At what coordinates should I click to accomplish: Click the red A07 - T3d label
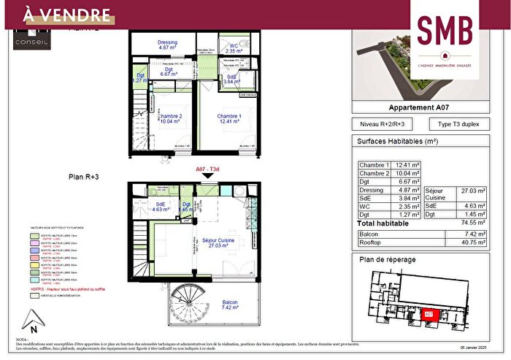coord(208,169)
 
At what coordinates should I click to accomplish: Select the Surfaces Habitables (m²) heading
coord(396,141)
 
